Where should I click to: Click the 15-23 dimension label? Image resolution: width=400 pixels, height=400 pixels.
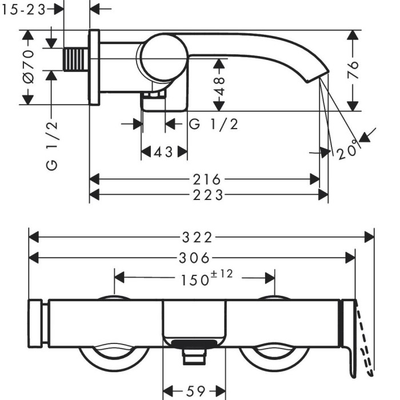click(23, 9)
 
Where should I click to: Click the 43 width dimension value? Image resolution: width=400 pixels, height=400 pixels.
click(164, 152)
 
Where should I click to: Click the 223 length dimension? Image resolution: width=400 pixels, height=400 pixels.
click(207, 195)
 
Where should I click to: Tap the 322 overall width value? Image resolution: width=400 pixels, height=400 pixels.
click(201, 237)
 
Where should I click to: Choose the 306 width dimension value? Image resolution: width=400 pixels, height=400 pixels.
click(193, 258)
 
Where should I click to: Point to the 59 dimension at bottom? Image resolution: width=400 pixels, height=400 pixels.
click(195, 391)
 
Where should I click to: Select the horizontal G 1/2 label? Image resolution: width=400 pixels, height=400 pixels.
click(213, 124)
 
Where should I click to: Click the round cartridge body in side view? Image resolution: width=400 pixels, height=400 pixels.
click(163, 58)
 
